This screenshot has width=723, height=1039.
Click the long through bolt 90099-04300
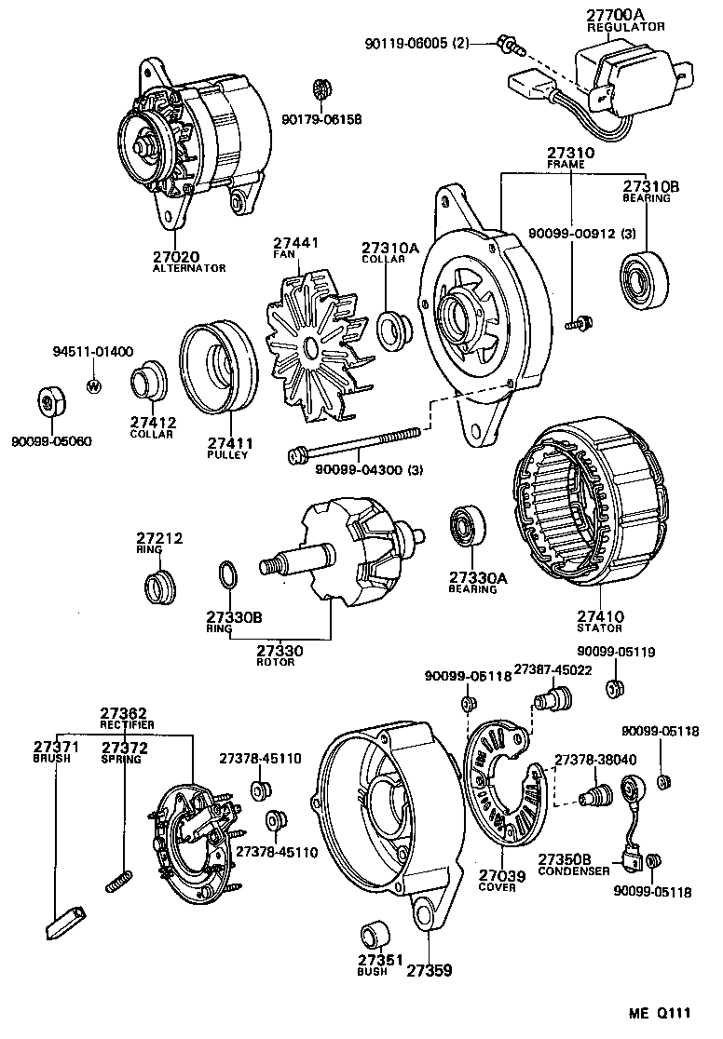[x=354, y=443]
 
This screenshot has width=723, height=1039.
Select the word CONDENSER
[x=574, y=870]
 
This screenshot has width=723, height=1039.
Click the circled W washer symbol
[x=93, y=385]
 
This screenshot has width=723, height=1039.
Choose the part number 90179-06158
[x=321, y=120]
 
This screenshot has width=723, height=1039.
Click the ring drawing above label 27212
[x=160, y=588]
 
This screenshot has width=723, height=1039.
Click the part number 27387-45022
[x=555, y=669]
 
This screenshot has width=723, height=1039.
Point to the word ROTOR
[x=276, y=662]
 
